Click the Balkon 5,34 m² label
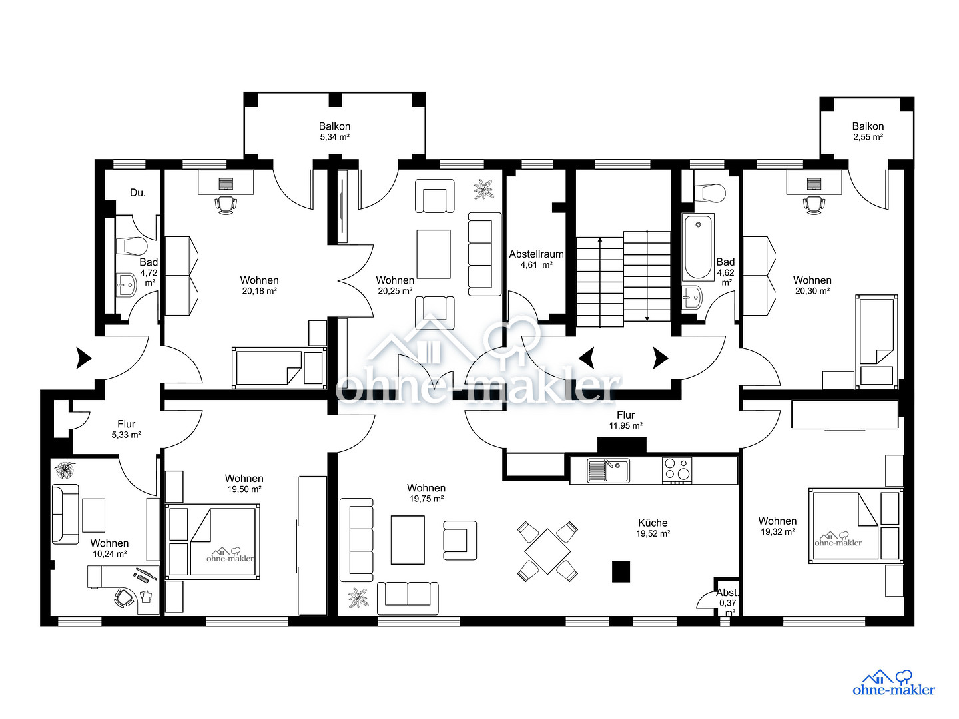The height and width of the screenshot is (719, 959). tap(334, 131)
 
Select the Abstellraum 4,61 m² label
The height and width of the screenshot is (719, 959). tap(536, 259)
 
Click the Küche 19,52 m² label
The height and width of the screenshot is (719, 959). tap(653, 528)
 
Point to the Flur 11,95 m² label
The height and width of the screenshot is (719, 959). tap(625, 420)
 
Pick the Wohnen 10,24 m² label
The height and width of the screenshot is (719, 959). tap(109, 549)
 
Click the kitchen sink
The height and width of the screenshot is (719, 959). tap(608, 471)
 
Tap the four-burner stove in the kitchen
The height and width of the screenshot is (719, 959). tap(677, 471)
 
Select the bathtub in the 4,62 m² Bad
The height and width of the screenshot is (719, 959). tap(698, 246)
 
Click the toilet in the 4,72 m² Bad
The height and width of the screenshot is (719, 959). tap(131, 246)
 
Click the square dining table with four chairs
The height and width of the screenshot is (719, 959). tap(547, 551)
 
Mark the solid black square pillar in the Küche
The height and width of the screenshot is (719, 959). tap(621, 571)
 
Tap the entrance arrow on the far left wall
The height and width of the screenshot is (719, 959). tap(83, 358)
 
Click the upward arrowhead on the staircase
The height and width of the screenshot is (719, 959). tap(600, 240)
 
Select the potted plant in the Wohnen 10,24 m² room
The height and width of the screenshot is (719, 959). tap(65, 470)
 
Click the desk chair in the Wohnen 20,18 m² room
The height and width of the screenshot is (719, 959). tap(226, 205)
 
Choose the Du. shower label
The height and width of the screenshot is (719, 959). tap(138, 192)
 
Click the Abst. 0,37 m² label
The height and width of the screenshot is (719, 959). tap(727, 603)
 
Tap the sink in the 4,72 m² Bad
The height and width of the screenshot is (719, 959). tap(127, 285)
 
